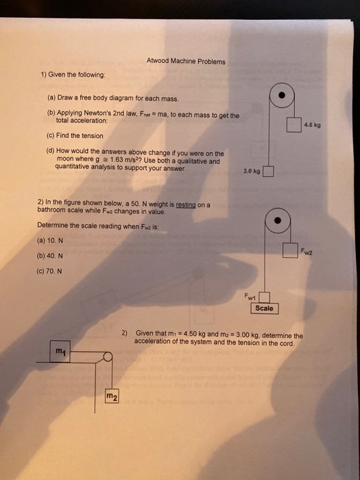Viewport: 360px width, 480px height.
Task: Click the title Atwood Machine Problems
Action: pos(185,61)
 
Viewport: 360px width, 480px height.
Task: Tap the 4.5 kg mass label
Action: pos(312,125)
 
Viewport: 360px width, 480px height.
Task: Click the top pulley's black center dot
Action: pos(281,95)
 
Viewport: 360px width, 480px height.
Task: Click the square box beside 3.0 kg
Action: pos(269,171)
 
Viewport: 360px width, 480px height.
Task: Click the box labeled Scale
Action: pos(264,309)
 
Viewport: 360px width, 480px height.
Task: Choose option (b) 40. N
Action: pos(51,256)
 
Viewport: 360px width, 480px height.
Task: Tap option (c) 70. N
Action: pos(51,270)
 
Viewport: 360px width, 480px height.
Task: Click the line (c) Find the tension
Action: pos(75,135)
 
